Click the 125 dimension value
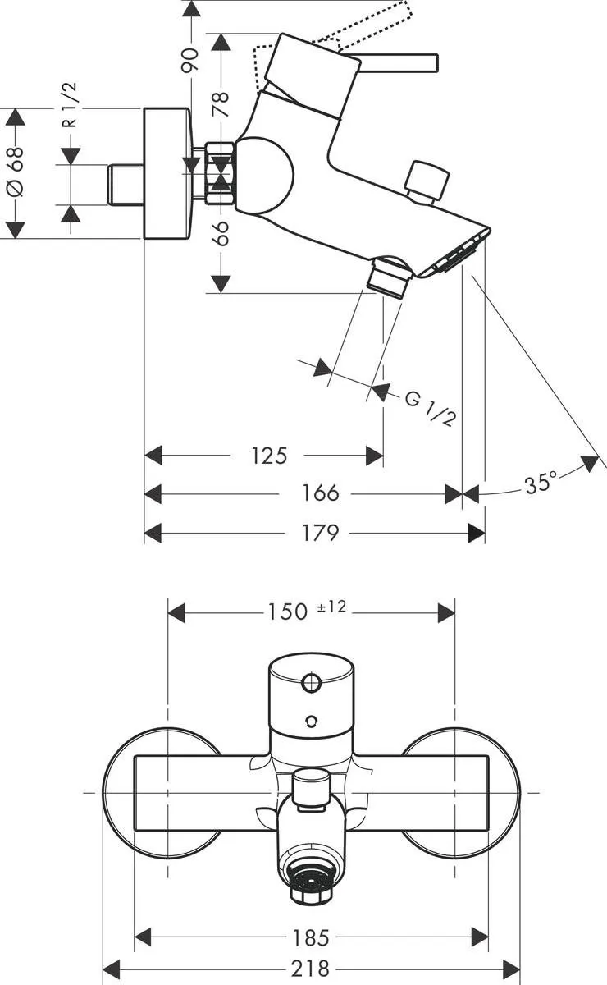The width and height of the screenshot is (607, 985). [x=269, y=455]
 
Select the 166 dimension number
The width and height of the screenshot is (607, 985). [x=320, y=493]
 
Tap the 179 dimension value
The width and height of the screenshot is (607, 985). [x=320, y=533]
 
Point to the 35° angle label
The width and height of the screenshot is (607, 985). [x=541, y=483]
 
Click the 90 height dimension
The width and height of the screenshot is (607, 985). [x=190, y=59]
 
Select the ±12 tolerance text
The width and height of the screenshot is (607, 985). [x=332, y=607]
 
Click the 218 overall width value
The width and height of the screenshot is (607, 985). [x=312, y=969]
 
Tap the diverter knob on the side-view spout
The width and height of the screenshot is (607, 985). [x=427, y=179]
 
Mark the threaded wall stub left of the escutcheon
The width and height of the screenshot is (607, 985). [x=125, y=184]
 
